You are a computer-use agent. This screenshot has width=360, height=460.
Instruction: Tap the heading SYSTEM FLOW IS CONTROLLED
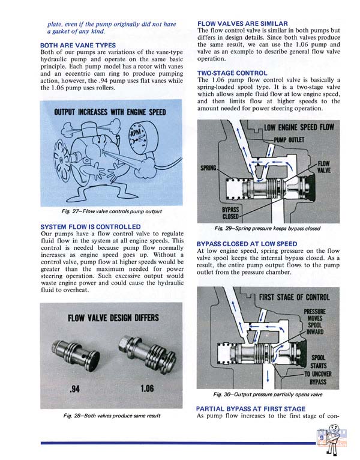[86, 226]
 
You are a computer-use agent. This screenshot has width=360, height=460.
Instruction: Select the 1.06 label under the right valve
[146, 389]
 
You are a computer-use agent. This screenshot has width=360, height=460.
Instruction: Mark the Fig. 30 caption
[268, 395]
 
